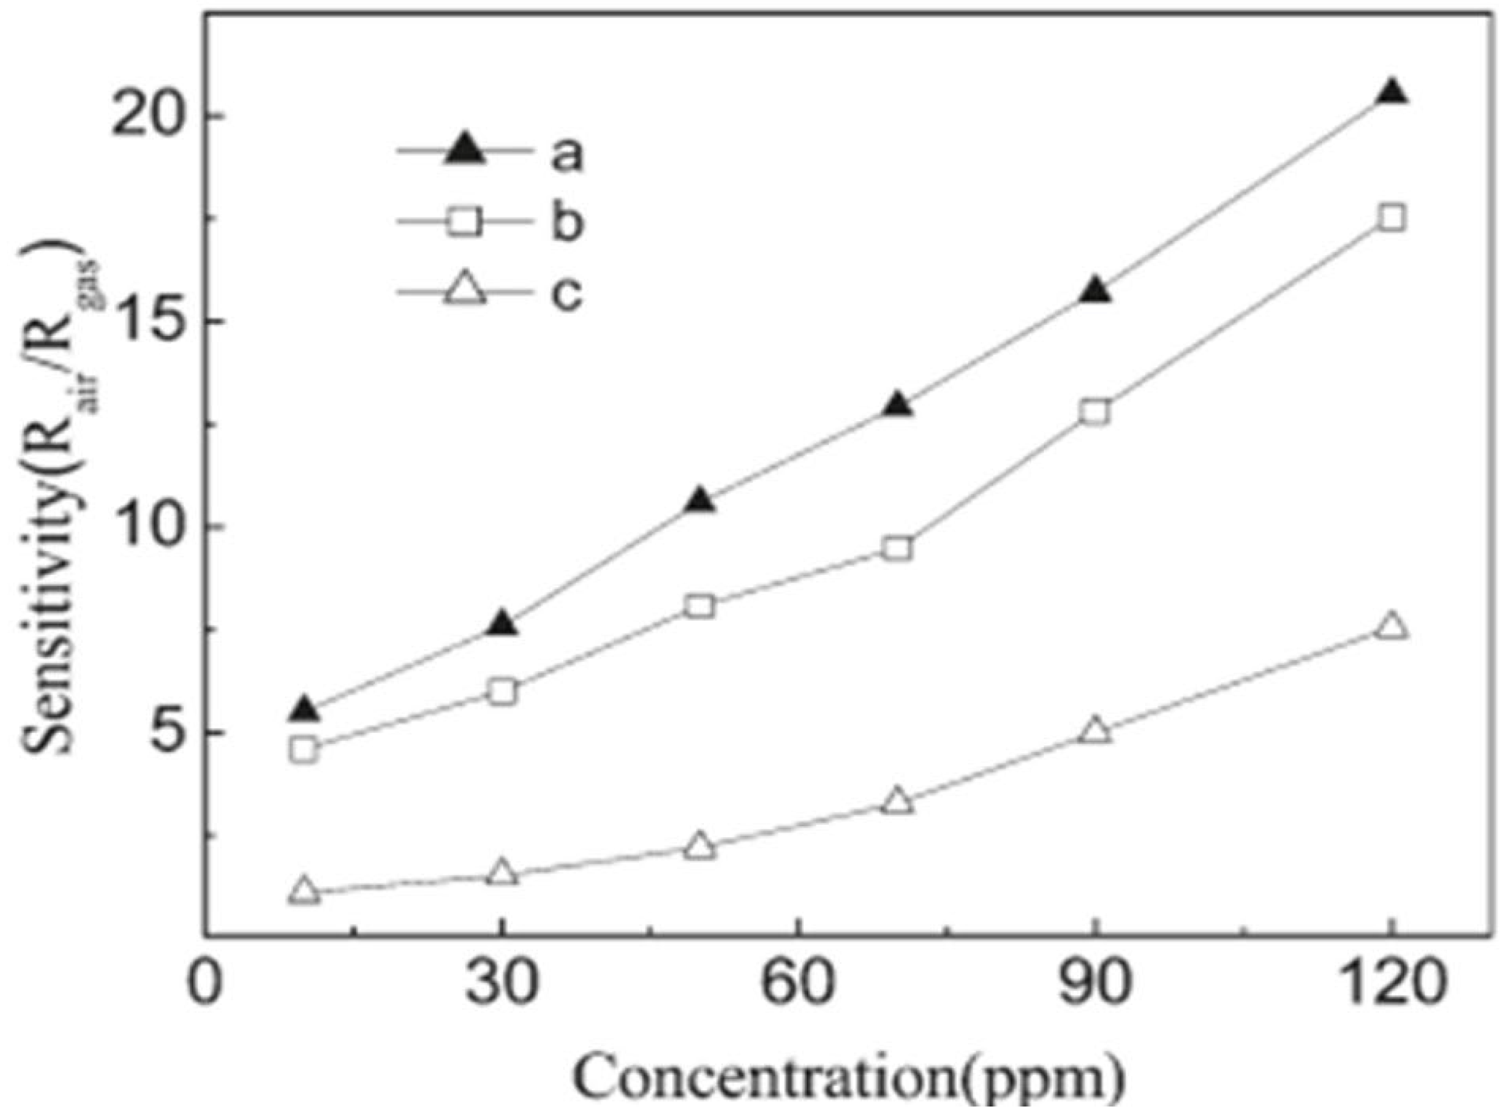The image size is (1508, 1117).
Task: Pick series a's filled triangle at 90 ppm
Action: click(1095, 291)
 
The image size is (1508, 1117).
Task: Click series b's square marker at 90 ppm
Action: click(1095, 412)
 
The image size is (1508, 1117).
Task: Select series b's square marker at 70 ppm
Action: click(898, 549)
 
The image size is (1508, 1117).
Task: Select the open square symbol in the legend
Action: click(465, 223)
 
